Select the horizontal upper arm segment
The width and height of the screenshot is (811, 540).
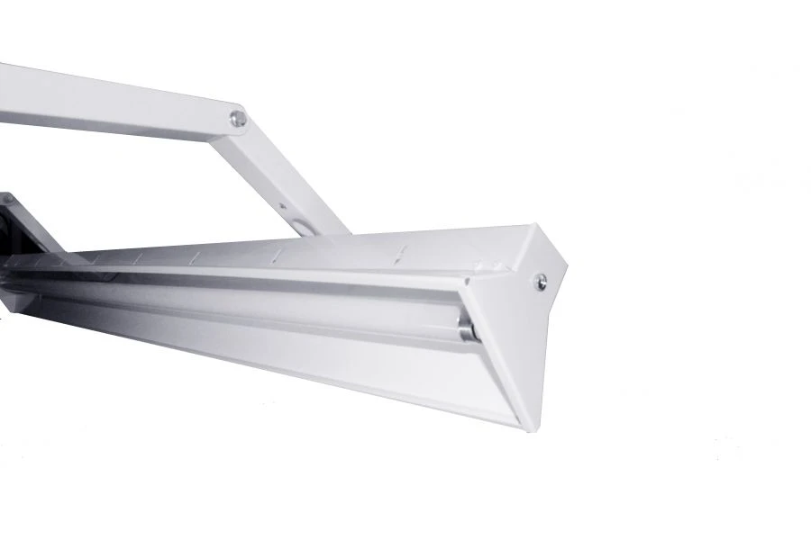point(108,101)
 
